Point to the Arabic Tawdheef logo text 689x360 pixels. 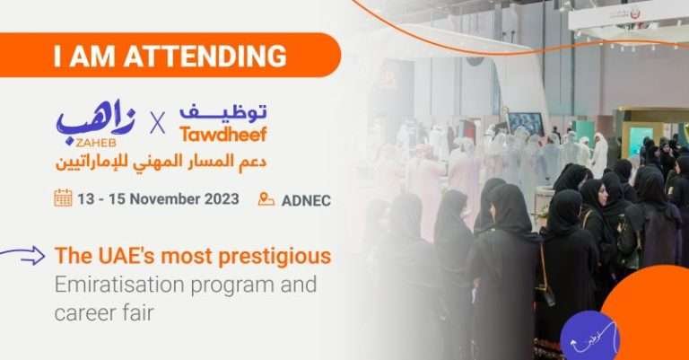pos(223,113)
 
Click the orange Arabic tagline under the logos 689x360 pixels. pos(161,162)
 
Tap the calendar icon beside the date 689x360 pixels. pos(63,198)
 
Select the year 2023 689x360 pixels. pos(220,198)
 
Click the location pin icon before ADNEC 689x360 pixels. pos(266,199)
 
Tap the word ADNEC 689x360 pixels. pos(306,199)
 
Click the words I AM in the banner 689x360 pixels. pos(85,56)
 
